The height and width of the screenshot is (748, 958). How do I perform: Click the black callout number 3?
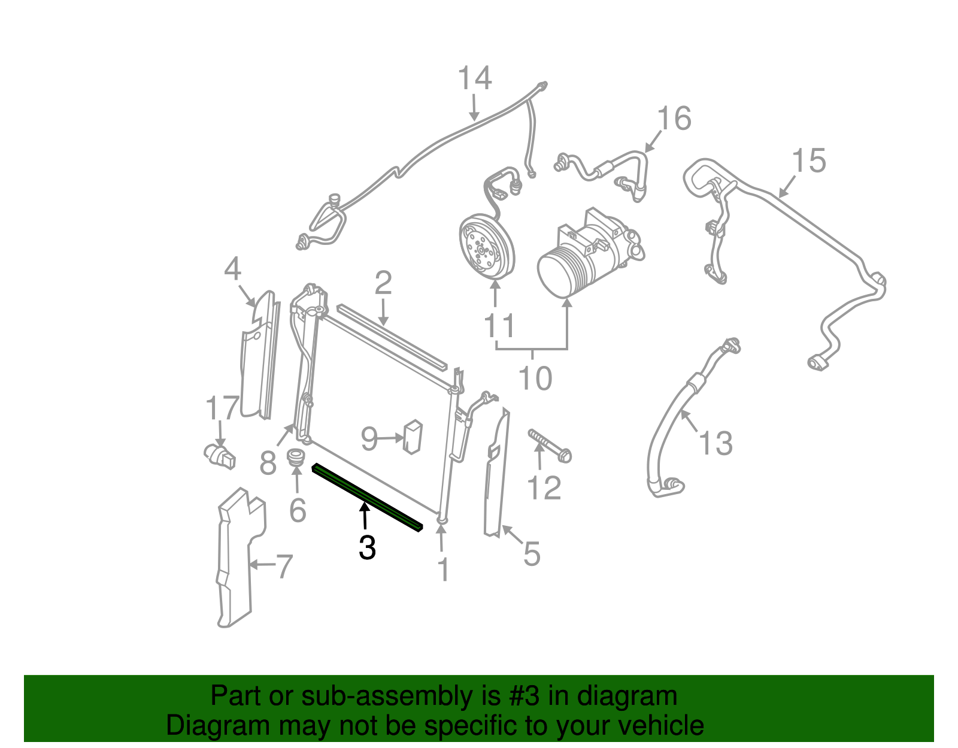(367, 547)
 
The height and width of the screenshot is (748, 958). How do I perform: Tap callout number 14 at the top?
(475, 79)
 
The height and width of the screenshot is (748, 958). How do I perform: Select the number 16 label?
(674, 119)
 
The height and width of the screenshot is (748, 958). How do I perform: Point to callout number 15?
(808, 161)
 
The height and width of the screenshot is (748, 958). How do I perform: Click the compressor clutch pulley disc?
(486, 248)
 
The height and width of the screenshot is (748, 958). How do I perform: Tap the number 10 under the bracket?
(535, 378)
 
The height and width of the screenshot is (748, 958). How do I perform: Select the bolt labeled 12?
(549, 446)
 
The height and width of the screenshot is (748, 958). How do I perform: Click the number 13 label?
(716, 444)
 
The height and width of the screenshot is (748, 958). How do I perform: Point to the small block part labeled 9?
(412, 437)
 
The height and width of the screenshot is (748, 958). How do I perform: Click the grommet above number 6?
(295, 459)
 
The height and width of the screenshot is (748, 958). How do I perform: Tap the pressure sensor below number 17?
(220, 455)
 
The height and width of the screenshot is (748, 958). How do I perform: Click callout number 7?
(283, 566)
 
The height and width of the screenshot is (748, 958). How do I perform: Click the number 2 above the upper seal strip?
(383, 283)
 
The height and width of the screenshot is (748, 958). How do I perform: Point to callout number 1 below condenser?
(442, 570)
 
